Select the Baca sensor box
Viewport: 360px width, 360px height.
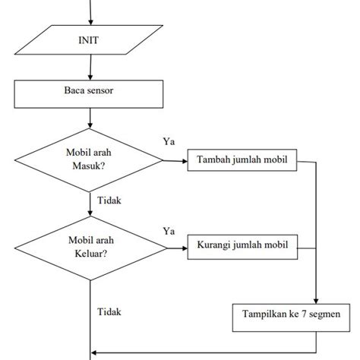click(x=90, y=94)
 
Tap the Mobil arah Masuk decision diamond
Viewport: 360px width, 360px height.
click(x=90, y=160)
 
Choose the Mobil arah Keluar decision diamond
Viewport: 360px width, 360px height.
click(x=90, y=247)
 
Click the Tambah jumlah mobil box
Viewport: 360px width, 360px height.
click(x=242, y=160)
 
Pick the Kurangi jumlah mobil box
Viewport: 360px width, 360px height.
click(x=242, y=246)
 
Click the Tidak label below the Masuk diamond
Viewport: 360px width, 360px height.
click(x=110, y=201)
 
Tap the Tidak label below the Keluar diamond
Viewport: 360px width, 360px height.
click(x=109, y=311)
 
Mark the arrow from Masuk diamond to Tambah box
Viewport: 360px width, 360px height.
click(x=175, y=160)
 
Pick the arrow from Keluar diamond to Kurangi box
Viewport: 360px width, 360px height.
click(x=175, y=247)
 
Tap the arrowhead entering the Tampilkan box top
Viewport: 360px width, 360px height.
click(x=315, y=299)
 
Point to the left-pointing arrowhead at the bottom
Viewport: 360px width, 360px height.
click(x=94, y=352)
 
